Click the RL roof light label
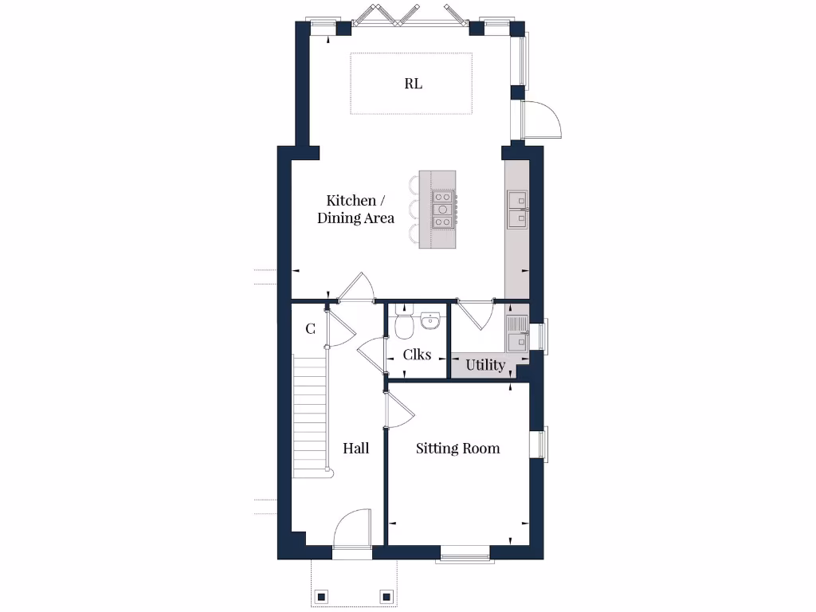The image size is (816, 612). tap(413, 84)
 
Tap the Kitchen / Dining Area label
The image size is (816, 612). tap(355, 209)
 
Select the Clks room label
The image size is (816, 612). tap(417, 354)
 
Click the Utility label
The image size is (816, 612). tap(485, 365)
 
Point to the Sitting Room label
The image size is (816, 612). tap(458, 449)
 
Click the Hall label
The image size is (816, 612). tap(355, 449)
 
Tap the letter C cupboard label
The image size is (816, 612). tap(310, 328)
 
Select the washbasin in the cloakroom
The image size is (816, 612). tap(430, 320)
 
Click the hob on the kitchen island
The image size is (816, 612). tap(443, 210)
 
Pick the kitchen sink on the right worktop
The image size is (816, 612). tap(517, 207)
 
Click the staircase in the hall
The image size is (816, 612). tap(311, 417)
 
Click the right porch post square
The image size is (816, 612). tap(386, 595)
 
